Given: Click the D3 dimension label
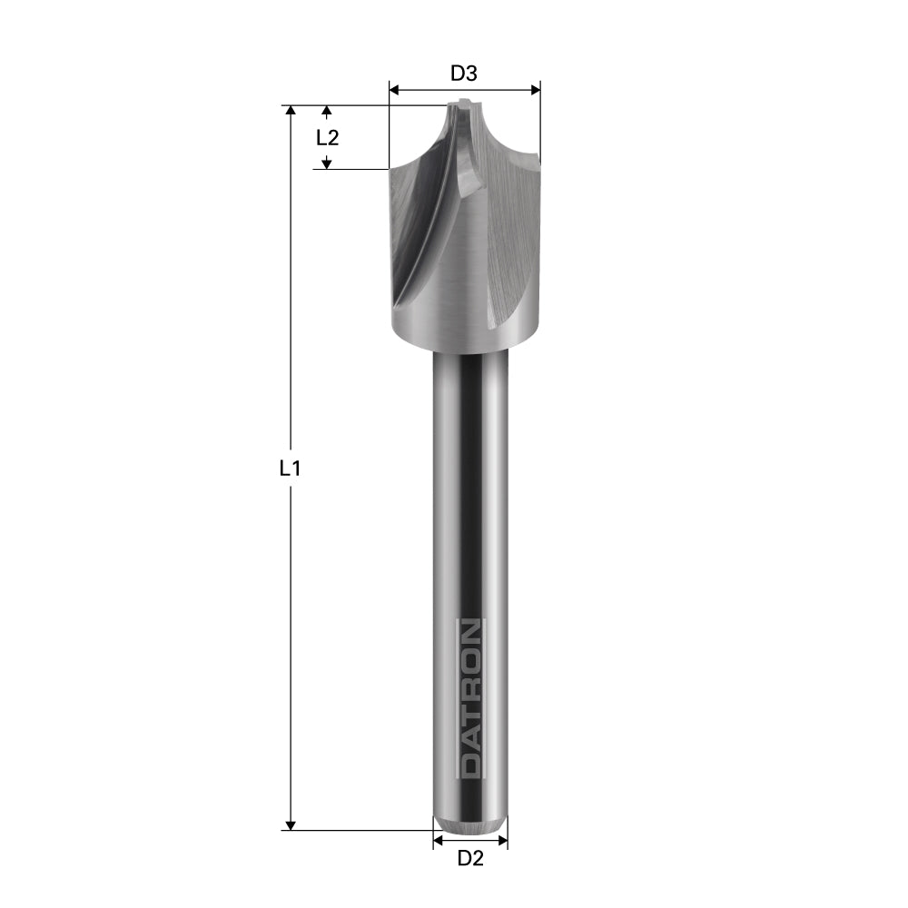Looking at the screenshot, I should coord(464,73).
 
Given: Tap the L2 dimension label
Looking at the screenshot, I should coord(327,138).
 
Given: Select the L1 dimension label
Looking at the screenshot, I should coord(289,469).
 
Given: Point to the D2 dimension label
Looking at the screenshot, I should coord(469,858).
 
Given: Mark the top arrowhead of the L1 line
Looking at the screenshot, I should coord(291,111).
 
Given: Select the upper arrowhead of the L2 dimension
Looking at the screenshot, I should coord(328,111).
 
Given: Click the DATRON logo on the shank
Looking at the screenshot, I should coord(469,698).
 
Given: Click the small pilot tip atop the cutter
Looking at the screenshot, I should coord(465,104).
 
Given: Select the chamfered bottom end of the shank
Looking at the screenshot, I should coord(469,824).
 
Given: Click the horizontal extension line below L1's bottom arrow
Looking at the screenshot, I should coord(363,830).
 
